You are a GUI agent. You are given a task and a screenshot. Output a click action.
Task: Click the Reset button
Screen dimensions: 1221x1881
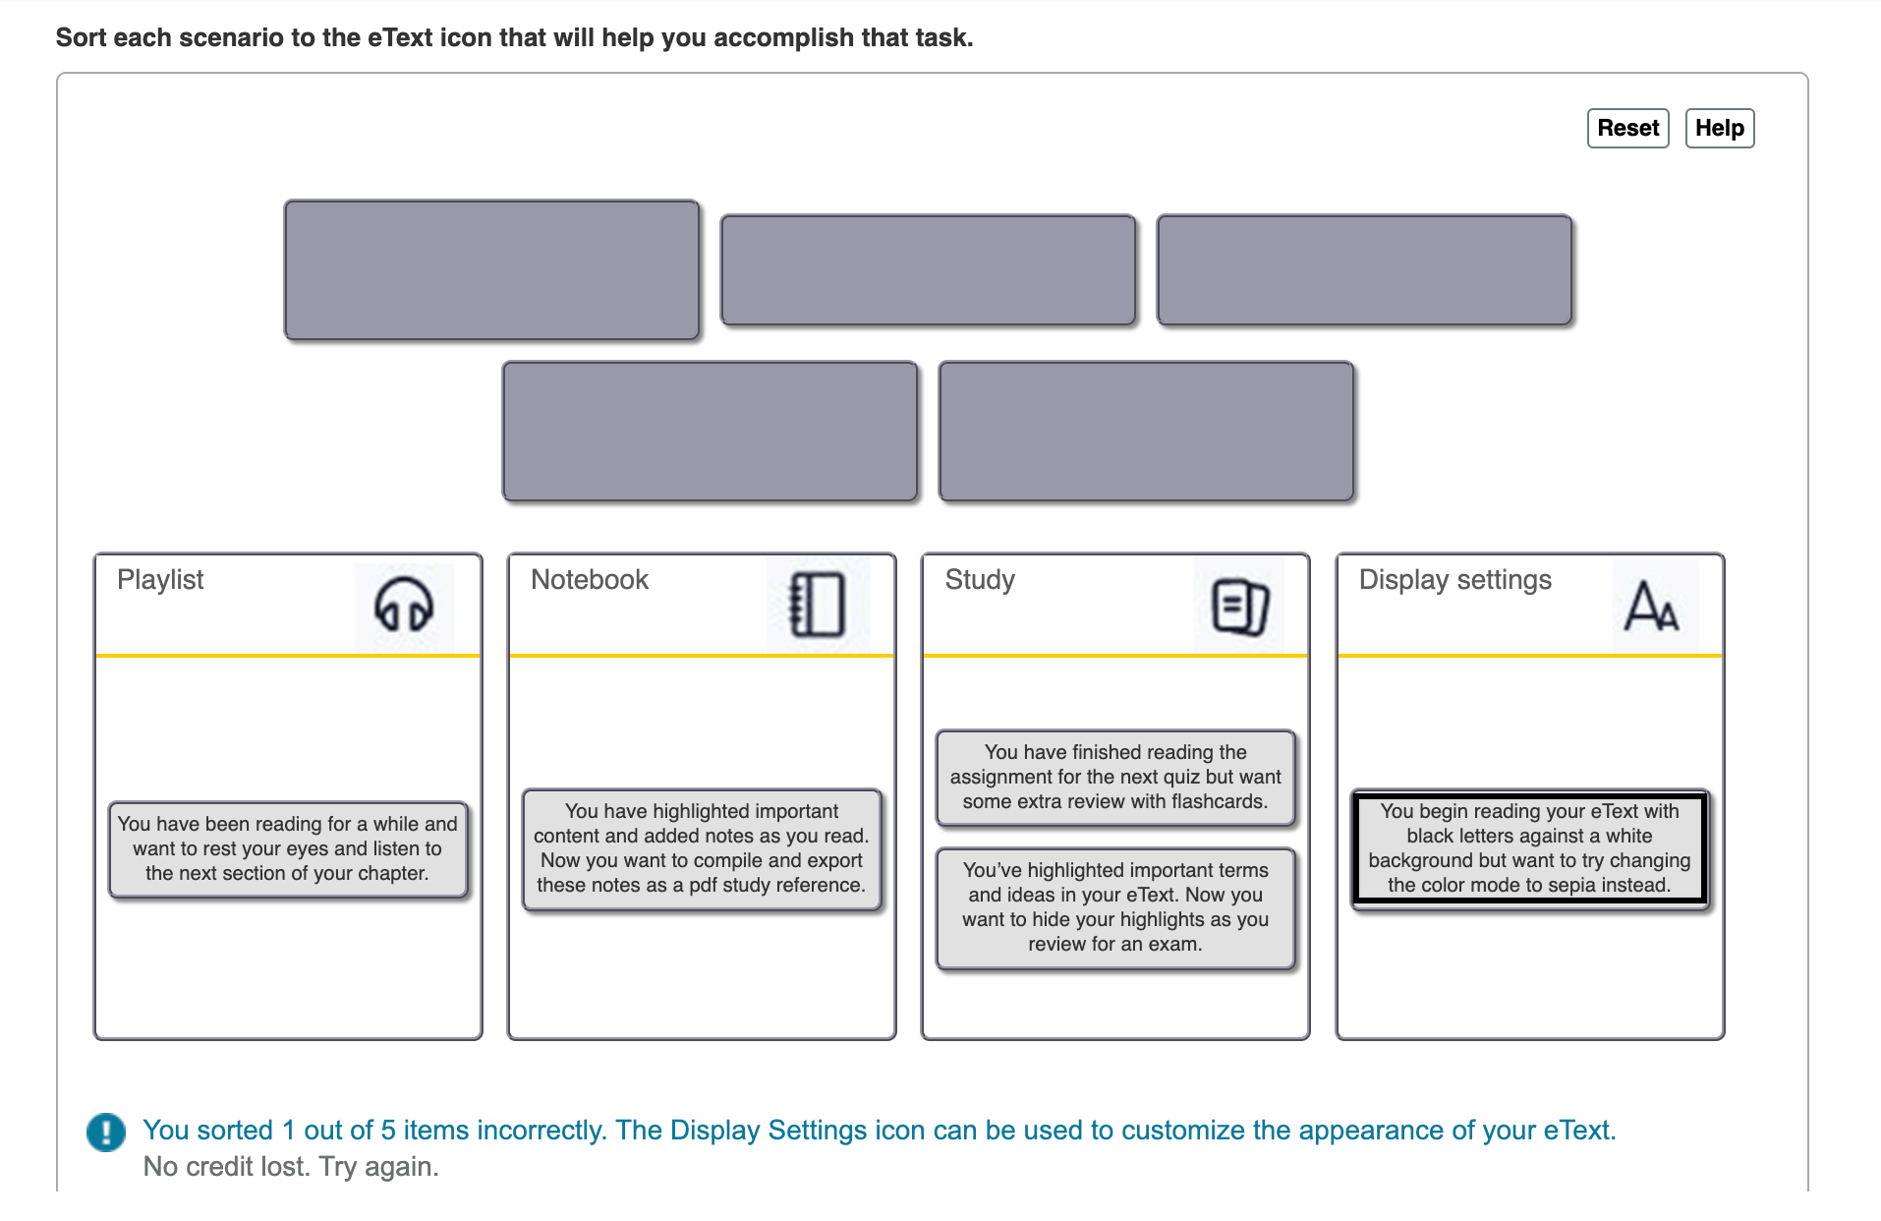tap(1627, 128)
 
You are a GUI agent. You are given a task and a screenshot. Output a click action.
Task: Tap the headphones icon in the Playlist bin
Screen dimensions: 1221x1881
tap(404, 604)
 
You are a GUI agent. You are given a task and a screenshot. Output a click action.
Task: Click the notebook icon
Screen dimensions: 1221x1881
tap(818, 604)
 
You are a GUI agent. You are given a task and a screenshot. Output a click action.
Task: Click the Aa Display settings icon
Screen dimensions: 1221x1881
tap(1651, 605)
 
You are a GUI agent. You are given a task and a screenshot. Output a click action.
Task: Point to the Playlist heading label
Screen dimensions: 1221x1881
tap(160, 580)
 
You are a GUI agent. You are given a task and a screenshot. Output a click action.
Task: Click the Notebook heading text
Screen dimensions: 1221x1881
tap(590, 580)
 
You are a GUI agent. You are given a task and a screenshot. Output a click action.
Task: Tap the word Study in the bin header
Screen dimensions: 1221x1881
tap(980, 580)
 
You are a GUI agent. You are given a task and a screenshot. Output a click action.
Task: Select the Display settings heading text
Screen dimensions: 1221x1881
tap(1454, 580)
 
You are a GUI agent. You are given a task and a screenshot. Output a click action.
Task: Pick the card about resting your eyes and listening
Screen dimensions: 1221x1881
tap(287, 848)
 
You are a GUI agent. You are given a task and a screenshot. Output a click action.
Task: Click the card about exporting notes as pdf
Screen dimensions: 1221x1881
tap(702, 848)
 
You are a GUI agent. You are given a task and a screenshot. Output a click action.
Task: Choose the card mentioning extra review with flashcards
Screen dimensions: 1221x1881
tap(1115, 777)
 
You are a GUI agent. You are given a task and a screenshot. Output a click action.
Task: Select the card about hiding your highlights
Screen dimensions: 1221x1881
tap(1115, 907)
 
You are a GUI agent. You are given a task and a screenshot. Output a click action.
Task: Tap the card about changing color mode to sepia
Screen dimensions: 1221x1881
tap(1529, 848)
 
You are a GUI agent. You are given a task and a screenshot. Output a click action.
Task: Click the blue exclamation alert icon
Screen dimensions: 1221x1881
tap(106, 1132)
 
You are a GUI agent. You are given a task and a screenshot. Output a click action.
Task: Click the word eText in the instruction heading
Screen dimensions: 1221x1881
tap(400, 37)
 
